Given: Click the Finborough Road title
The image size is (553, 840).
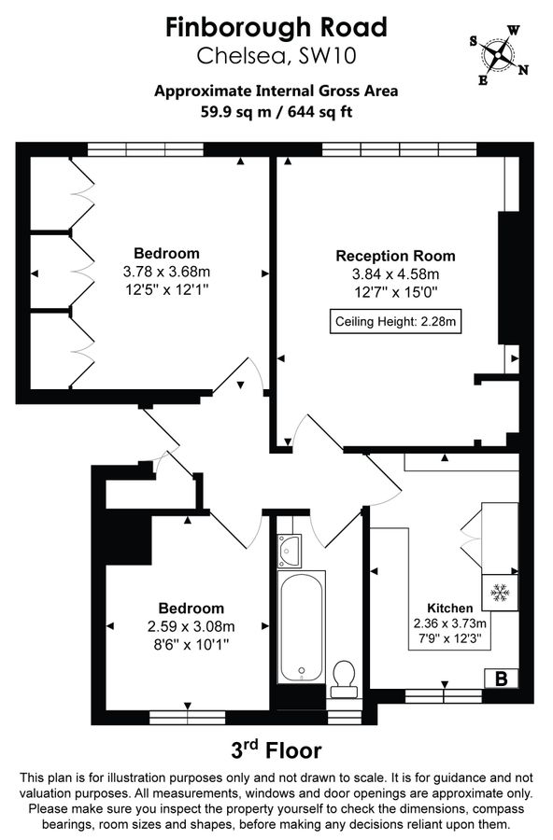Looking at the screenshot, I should pyautogui.click(x=276, y=27).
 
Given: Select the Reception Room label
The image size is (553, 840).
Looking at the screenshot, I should pyautogui.click(x=395, y=256).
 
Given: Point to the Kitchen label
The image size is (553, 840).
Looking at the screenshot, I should pyautogui.click(x=450, y=608).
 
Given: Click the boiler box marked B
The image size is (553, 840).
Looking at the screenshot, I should pyautogui.click(x=500, y=679).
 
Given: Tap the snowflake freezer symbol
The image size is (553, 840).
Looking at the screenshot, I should pyautogui.click(x=499, y=592).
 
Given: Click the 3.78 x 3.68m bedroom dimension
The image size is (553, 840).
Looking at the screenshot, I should pyautogui.click(x=166, y=272).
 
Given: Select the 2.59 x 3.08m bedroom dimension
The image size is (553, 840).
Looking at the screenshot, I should pyautogui.click(x=191, y=626).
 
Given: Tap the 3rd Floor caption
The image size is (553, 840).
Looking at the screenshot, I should pyautogui.click(x=276, y=749).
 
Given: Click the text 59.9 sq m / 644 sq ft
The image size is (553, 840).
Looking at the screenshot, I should pyautogui.click(x=276, y=112).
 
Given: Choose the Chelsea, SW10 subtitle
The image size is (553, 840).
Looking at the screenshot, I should pyautogui.click(x=276, y=56).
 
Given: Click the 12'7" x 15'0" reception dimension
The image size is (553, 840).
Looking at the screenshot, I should pyautogui.click(x=395, y=291).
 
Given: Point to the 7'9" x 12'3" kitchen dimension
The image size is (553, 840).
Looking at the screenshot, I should pyautogui.click(x=450, y=640).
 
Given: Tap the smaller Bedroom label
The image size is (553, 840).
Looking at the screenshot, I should pyautogui.click(x=191, y=609).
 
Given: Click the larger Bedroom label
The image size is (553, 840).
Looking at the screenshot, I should pyautogui.click(x=166, y=254).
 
